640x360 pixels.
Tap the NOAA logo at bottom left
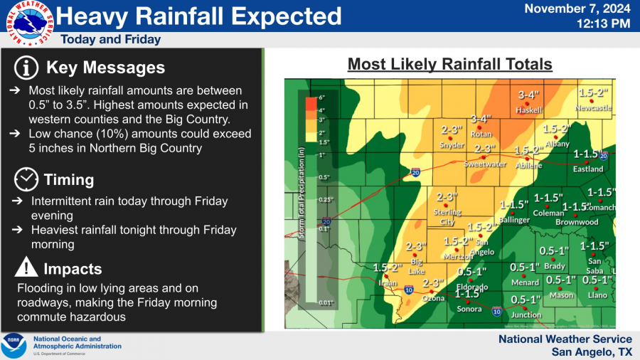[x=14, y=346]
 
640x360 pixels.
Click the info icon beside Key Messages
[x=26, y=68]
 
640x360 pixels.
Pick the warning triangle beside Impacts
[x=26, y=268]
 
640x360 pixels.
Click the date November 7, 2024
[x=577, y=9]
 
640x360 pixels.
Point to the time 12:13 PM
[x=604, y=23]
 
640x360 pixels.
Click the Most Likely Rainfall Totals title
[x=449, y=65]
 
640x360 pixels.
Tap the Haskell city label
[x=529, y=111]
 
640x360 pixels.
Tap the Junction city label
[x=526, y=314]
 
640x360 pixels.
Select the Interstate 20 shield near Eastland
[x=602, y=156]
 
